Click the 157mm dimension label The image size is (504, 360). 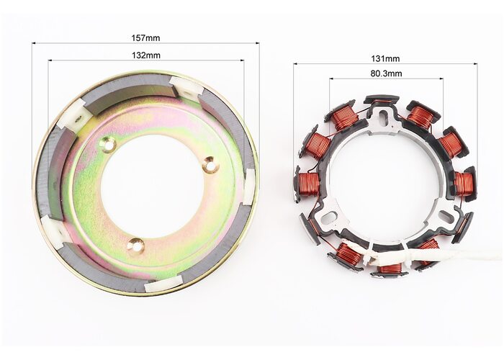pyautogui.click(x=145, y=38)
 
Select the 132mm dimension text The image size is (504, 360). pyautogui.click(x=146, y=55)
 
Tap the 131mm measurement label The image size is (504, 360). pyautogui.click(x=385, y=59)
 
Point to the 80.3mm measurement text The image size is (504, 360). pyautogui.click(x=386, y=73)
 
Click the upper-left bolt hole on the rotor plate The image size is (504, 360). pyautogui.click(x=109, y=145)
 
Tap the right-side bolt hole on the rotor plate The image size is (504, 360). pyautogui.click(x=210, y=165)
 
